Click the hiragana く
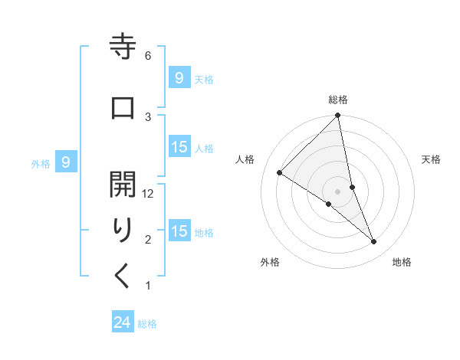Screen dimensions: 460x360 tap(123, 277)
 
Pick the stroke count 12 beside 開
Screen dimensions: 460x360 tap(149, 194)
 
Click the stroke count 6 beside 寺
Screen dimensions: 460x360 tap(148, 56)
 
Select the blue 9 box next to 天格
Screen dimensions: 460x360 tap(179, 78)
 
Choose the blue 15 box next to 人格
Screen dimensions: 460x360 tap(179, 147)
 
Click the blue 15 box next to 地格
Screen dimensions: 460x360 tap(179, 231)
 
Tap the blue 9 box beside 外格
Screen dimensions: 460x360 tap(67, 162)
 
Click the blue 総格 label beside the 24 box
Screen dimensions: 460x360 tap(147, 324)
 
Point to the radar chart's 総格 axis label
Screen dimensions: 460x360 tap(338, 100)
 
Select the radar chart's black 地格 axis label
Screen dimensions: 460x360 tap(402, 262)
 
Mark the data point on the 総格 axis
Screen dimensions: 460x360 tap(338, 116)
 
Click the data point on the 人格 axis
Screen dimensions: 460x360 tap(279, 172)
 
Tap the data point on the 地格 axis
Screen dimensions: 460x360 tap(374, 241)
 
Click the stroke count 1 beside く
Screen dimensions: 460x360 tap(148, 286)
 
